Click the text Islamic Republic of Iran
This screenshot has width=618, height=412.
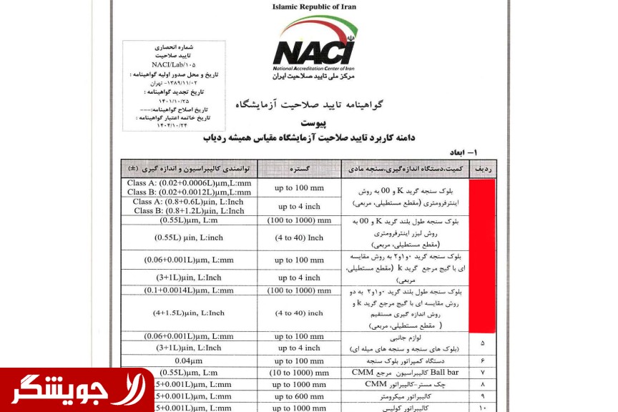(309, 6)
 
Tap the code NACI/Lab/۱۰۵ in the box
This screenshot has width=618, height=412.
(174, 64)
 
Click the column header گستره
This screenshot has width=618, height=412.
(299, 170)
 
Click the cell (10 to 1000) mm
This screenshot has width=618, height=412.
(299, 373)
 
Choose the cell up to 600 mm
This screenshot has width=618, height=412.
(299, 396)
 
